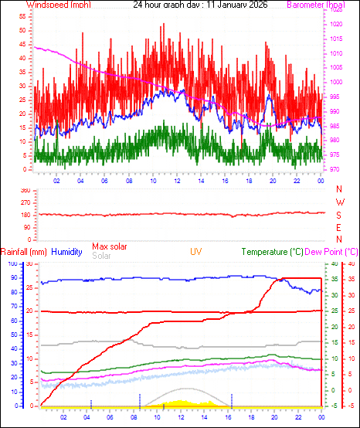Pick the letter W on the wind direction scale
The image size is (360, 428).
tap(339, 202)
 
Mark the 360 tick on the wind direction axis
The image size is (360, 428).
tap(25, 189)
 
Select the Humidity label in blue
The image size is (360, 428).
tap(68, 252)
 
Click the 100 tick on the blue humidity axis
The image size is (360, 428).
tap(12, 263)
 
